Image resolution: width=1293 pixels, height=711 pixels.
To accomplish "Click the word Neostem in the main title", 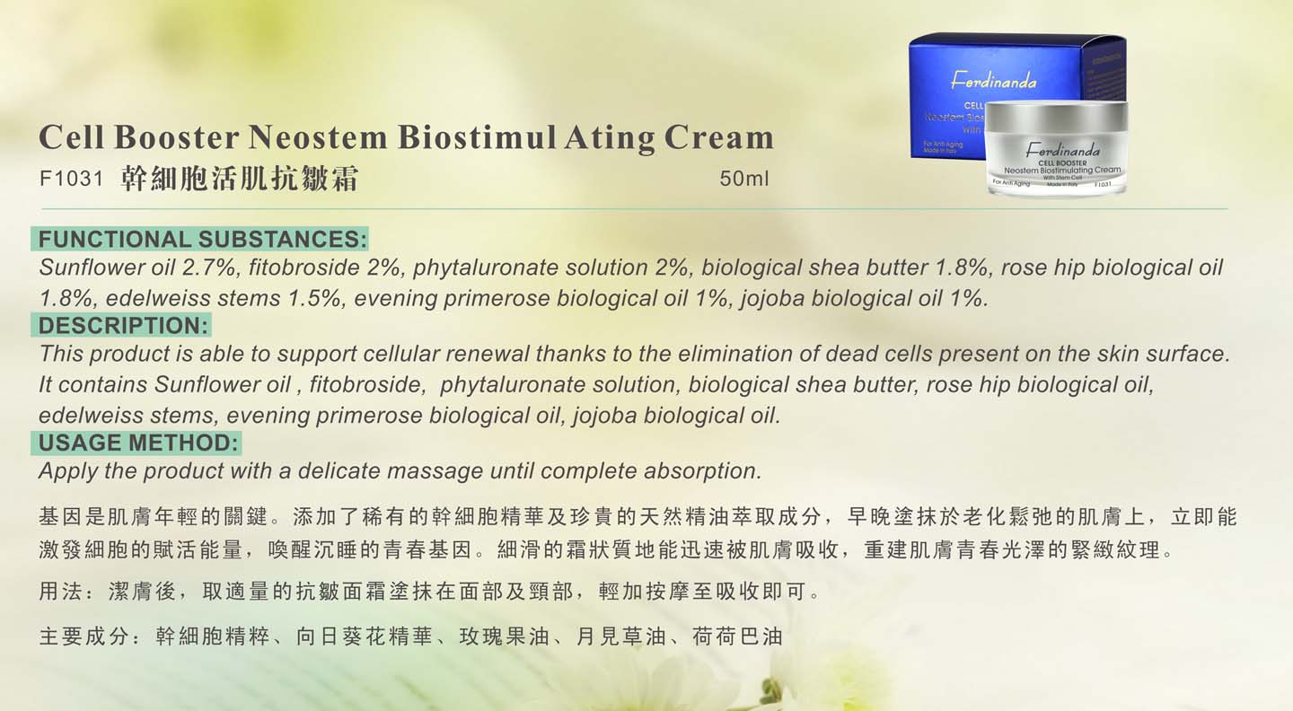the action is point(318,137).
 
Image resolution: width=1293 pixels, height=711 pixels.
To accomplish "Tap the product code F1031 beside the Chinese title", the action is point(71,179).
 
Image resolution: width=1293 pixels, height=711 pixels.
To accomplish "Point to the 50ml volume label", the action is point(744,179).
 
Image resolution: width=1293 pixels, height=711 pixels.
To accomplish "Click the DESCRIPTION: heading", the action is point(123,326).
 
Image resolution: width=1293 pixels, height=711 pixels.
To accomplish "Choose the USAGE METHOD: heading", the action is point(138,443).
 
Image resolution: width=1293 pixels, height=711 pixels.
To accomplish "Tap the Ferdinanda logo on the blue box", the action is point(993,82).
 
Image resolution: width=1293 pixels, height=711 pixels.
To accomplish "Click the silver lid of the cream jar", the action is point(1056,117).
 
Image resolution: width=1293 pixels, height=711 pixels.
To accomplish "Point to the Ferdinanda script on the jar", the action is point(1063,151).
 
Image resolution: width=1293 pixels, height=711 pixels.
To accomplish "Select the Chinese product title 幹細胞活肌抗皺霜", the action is point(240,179).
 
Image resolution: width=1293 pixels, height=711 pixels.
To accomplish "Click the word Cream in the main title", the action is point(718,137).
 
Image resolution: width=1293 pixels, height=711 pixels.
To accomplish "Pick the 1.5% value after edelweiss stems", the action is point(314,298).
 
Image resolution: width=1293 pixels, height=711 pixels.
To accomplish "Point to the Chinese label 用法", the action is point(61,592).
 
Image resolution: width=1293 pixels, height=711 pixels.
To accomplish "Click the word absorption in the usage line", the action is point(703,471).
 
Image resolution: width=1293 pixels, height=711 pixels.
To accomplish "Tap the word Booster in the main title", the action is point(177,137).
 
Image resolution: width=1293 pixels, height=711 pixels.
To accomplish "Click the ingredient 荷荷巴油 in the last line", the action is point(737,636).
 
